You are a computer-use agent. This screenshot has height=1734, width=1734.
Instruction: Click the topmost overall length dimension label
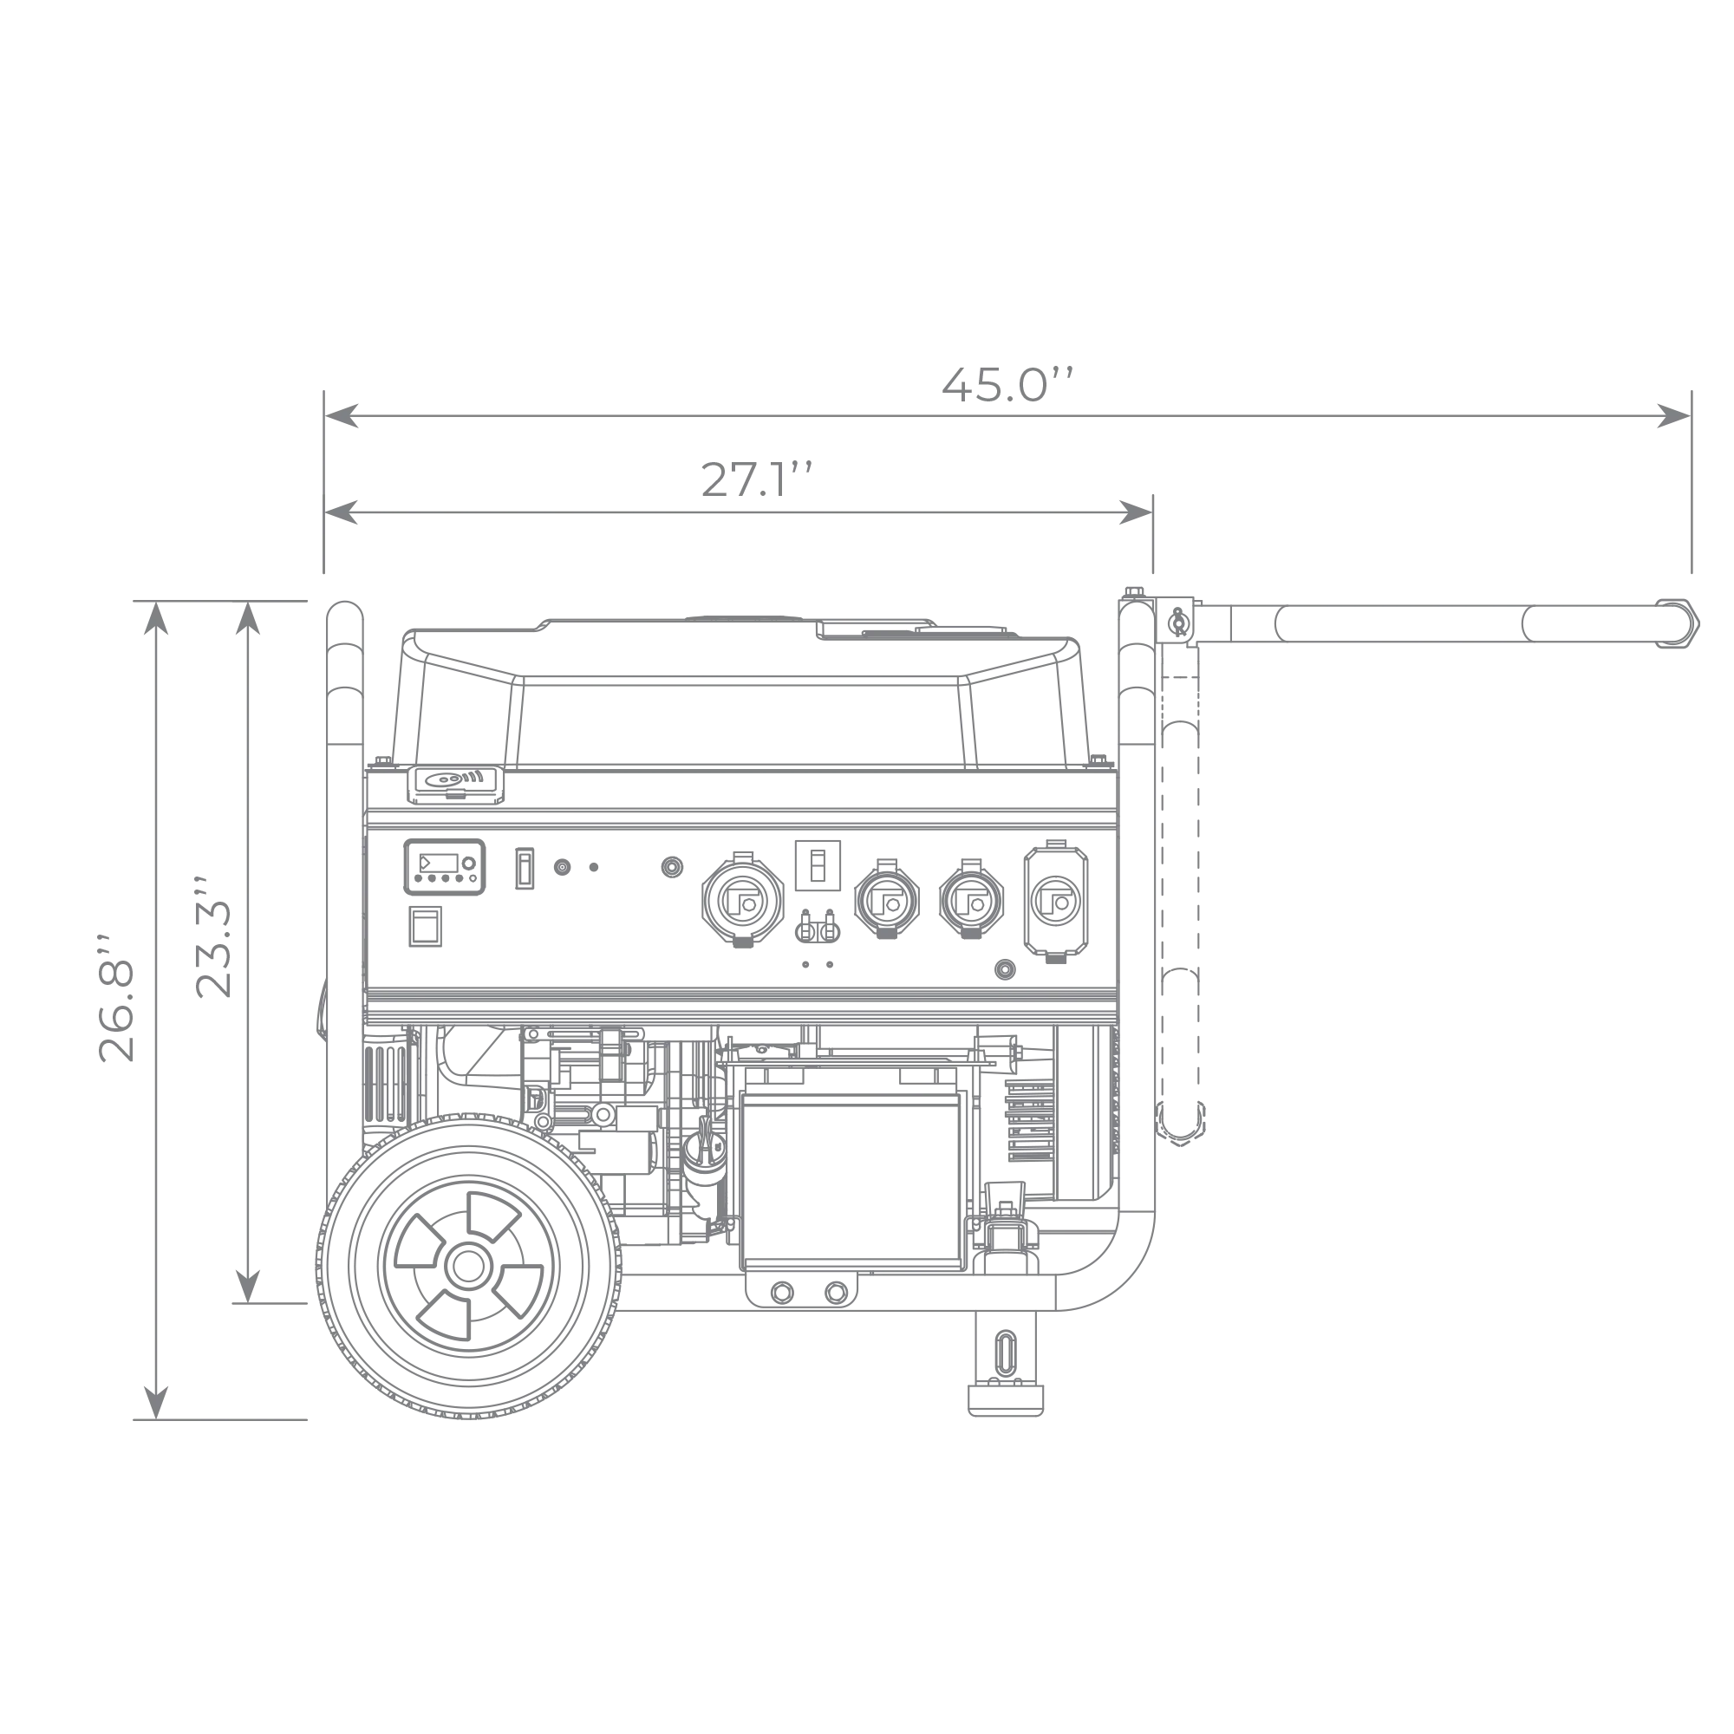[1005, 383]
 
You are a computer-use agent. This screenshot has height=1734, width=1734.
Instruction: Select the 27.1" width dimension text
[755, 480]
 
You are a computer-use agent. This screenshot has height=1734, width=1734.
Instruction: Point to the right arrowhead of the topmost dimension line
[1662, 414]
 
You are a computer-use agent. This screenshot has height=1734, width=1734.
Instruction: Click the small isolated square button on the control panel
[672, 867]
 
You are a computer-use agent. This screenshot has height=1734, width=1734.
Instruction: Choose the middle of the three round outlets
[887, 896]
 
